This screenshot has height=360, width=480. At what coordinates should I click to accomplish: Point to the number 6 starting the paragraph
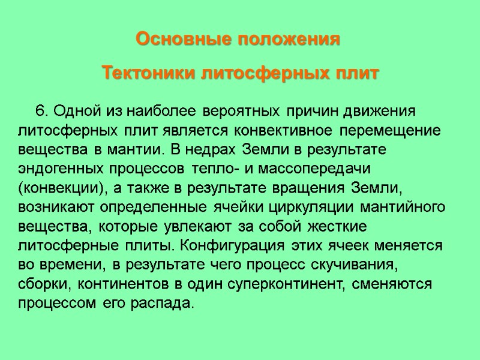40,112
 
